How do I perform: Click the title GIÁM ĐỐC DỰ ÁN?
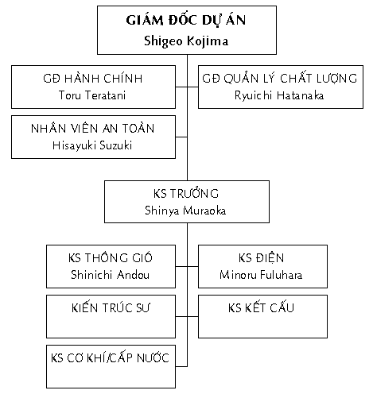point(186,20)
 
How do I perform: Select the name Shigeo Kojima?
point(186,41)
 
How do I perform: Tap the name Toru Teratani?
point(92,95)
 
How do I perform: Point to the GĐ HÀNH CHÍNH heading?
point(93,79)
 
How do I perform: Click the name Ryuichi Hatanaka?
point(279,95)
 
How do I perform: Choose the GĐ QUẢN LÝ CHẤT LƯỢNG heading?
point(280,79)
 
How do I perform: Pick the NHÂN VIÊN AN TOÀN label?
point(93,129)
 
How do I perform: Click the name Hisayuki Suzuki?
point(92,145)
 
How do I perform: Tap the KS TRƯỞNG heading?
point(186,193)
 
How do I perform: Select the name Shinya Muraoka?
point(185,211)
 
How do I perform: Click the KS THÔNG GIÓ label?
point(111,257)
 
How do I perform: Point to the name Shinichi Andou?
point(110,275)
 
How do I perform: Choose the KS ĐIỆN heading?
point(261,257)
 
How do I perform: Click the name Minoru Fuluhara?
point(261,275)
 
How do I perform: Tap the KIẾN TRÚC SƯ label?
point(111,307)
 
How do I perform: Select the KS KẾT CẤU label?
point(261,307)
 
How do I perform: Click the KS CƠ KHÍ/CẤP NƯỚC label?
point(110,357)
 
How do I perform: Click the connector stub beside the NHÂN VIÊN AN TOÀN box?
point(181,137)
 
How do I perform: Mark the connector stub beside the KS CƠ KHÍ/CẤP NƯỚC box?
point(181,366)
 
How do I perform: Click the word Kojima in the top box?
point(208,41)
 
